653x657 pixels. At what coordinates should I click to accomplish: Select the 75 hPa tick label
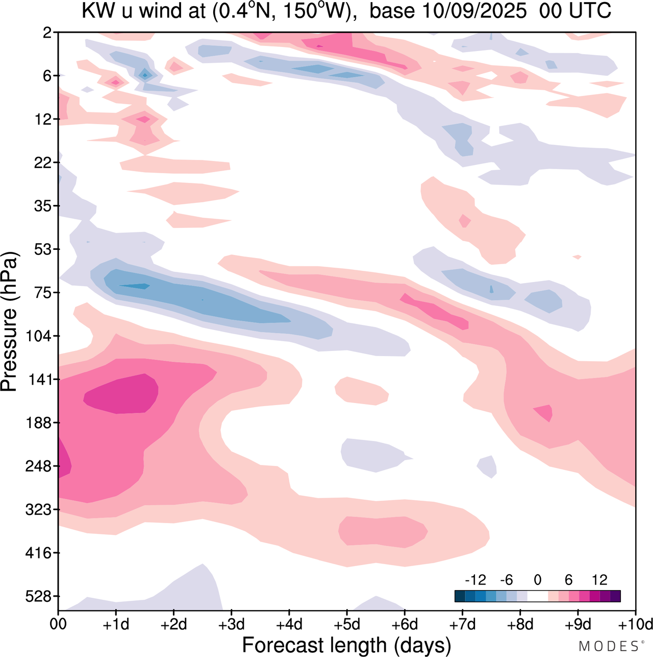click(43, 293)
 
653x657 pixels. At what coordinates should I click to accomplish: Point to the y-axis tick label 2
click(47, 33)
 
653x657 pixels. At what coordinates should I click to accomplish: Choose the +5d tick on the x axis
click(346, 624)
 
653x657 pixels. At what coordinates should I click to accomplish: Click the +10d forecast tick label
click(635, 624)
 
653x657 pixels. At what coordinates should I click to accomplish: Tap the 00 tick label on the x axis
click(58, 624)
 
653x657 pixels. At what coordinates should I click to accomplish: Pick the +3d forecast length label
click(231, 624)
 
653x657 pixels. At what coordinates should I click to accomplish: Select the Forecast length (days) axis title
click(346, 645)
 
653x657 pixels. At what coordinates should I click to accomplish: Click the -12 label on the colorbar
click(475, 580)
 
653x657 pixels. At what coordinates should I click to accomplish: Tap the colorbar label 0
click(537, 580)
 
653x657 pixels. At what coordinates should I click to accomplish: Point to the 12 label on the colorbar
click(599, 580)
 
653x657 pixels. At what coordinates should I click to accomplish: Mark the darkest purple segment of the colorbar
click(615, 596)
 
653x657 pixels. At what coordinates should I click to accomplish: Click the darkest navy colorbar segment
click(460, 596)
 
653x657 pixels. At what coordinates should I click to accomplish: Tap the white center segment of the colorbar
click(537, 596)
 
